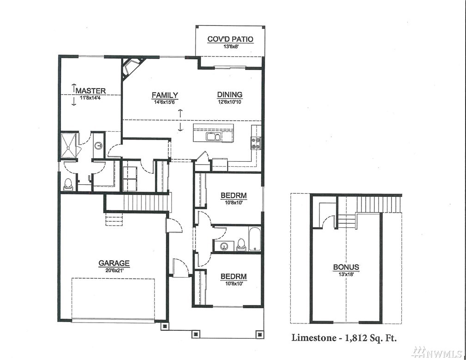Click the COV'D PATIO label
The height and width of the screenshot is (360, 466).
click(x=230, y=39)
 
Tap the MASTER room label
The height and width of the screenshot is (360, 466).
click(x=91, y=91)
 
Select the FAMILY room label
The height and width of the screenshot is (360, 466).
click(x=165, y=95)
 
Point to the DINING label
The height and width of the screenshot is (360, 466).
click(x=230, y=95)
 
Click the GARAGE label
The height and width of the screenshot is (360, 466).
click(x=114, y=263)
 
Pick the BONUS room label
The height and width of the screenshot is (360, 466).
click(x=346, y=267)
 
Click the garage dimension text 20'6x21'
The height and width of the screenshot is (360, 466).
click(x=114, y=270)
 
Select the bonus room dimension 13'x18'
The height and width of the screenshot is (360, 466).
click(x=346, y=274)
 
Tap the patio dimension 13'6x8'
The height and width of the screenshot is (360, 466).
click(x=230, y=47)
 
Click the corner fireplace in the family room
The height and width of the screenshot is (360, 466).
click(x=131, y=67)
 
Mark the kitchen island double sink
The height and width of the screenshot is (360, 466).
click(x=213, y=136)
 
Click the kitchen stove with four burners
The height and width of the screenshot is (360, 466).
click(x=256, y=143)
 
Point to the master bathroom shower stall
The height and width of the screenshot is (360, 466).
click(x=69, y=145)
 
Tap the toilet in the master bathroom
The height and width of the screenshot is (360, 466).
click(x=68, y=184)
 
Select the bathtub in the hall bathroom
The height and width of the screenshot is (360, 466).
click(x=255, y=239)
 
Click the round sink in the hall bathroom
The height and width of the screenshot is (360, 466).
click(x=224, y=246)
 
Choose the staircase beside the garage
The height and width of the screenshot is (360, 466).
click(x=137, y=202)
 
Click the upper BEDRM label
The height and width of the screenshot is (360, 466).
click(x=233, y=195)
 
